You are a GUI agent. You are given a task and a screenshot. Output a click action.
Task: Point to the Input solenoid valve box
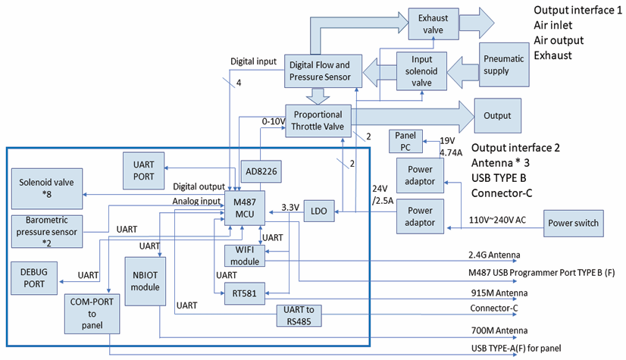[x=422, y=72]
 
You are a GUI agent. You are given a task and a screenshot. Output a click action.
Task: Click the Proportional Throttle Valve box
[x=318, y=121]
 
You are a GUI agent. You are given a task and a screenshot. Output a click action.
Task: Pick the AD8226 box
[x=259, y=173]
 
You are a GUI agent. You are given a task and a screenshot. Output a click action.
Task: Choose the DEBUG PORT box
[x=33, y=278]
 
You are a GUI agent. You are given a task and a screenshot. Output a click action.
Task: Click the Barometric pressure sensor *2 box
[x=47, y=230]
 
